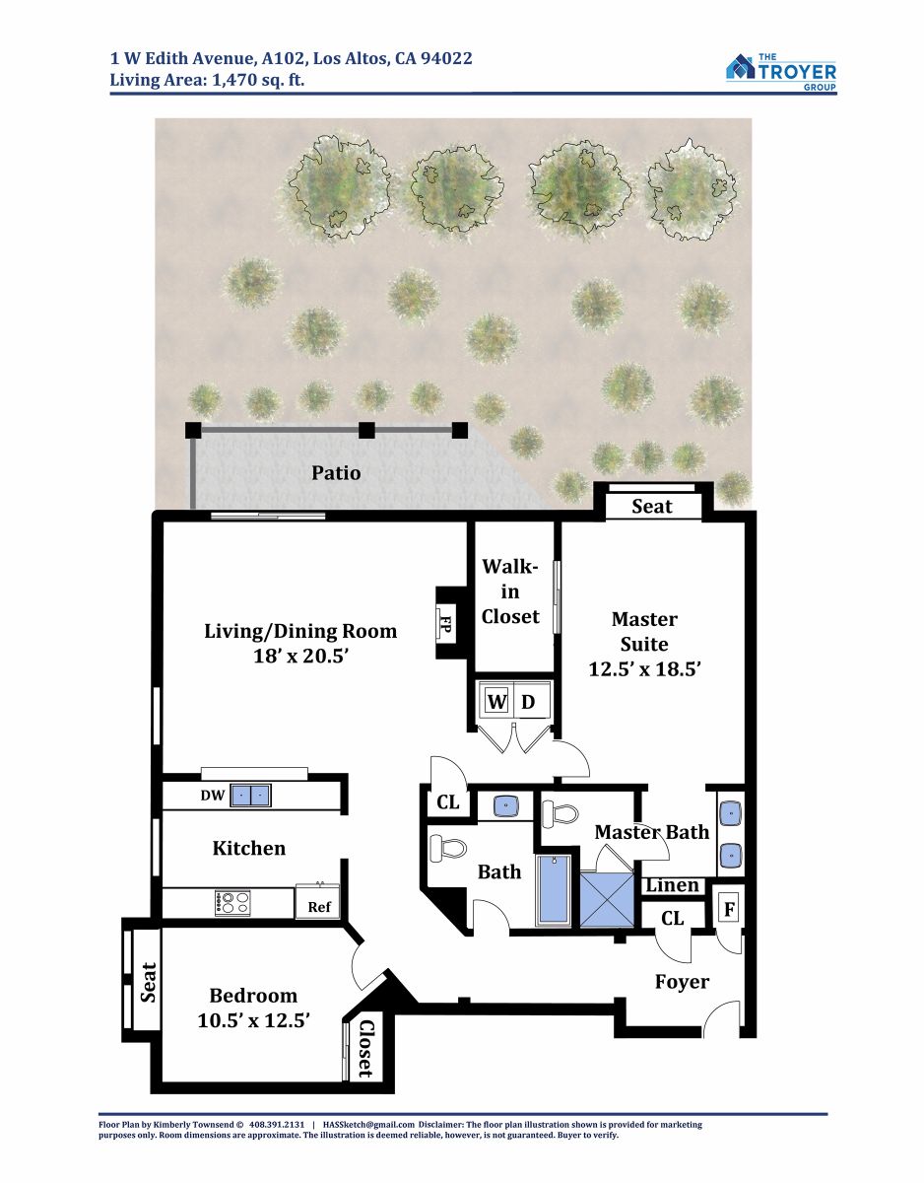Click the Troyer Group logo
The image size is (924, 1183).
(x=781, y=72)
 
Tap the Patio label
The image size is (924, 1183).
(x=336, y=473)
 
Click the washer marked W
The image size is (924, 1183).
(x=496, y=702)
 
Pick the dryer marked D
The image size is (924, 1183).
(x=529, y=702)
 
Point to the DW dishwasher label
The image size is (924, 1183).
(x=213, y=796)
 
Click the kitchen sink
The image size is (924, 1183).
(x=250, y=796)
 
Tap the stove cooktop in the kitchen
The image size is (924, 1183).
(x=232, y=904)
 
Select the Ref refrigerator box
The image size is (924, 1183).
(x=318, y=905)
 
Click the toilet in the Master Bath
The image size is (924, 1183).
(x=561, y=814)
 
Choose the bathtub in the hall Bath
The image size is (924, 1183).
(x=553, y=890)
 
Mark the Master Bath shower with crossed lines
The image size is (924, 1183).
(x=607, y=899)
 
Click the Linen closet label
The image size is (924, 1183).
(x=672, y=885)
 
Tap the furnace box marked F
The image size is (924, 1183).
(x=729, y=909)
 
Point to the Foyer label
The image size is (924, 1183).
(x=682, y=982)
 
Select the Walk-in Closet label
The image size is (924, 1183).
(x=510, y=591)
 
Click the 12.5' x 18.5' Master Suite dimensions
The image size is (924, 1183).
(x=644, y=669)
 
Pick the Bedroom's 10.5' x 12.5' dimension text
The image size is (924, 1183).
(x=253, y=1020)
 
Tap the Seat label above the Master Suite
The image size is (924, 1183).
(x=652, y=507)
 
